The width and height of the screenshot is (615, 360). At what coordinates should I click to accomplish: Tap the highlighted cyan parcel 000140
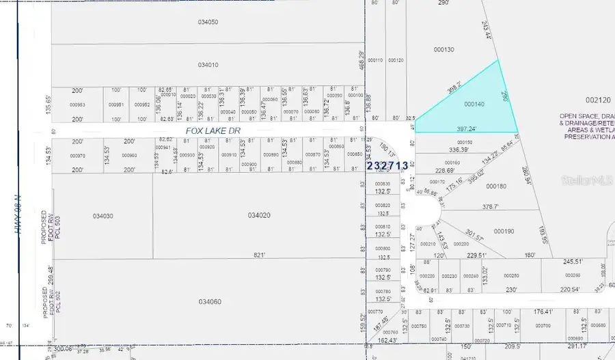(x=474, y=105)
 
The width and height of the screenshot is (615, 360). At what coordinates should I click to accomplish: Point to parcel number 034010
(x=208, y=65)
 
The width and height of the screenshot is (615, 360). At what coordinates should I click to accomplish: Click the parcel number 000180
(x=496, y=186)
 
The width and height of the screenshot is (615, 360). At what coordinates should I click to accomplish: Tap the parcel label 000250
(x=510, y=275)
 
